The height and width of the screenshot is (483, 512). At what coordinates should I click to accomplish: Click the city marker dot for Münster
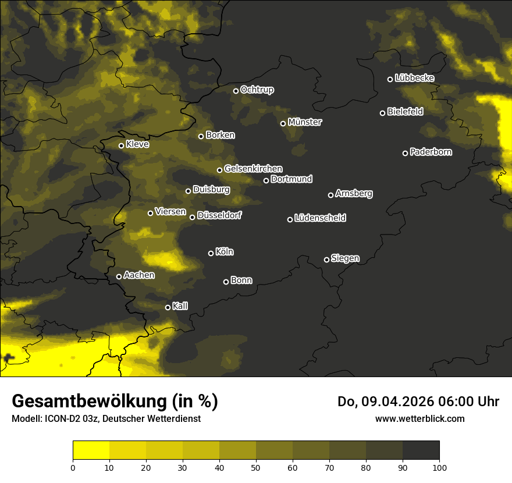283,123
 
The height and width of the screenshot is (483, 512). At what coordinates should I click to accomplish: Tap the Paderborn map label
431,152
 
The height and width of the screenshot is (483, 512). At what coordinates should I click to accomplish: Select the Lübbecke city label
414,78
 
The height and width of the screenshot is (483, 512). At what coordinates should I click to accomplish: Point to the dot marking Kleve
121,145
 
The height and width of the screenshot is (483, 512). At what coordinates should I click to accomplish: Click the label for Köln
225,252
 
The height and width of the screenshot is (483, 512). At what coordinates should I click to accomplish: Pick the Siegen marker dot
326,260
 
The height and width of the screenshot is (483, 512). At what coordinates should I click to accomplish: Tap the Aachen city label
139,275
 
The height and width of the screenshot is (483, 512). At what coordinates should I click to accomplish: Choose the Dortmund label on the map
291,179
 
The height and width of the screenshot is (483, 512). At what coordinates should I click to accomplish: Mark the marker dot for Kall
168,307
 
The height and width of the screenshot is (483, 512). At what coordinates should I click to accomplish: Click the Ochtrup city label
257,90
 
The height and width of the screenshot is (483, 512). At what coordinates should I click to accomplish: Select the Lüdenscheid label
320,218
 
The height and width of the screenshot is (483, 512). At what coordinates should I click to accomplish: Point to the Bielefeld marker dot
382,113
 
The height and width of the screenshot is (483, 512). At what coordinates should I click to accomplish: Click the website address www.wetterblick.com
419,418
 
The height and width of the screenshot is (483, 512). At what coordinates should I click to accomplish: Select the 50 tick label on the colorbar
256,467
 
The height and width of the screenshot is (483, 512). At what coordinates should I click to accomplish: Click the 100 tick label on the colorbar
439,467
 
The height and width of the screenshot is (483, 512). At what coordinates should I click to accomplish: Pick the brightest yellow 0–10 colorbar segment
91,450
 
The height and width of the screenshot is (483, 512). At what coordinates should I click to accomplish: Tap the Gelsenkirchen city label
253,169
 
